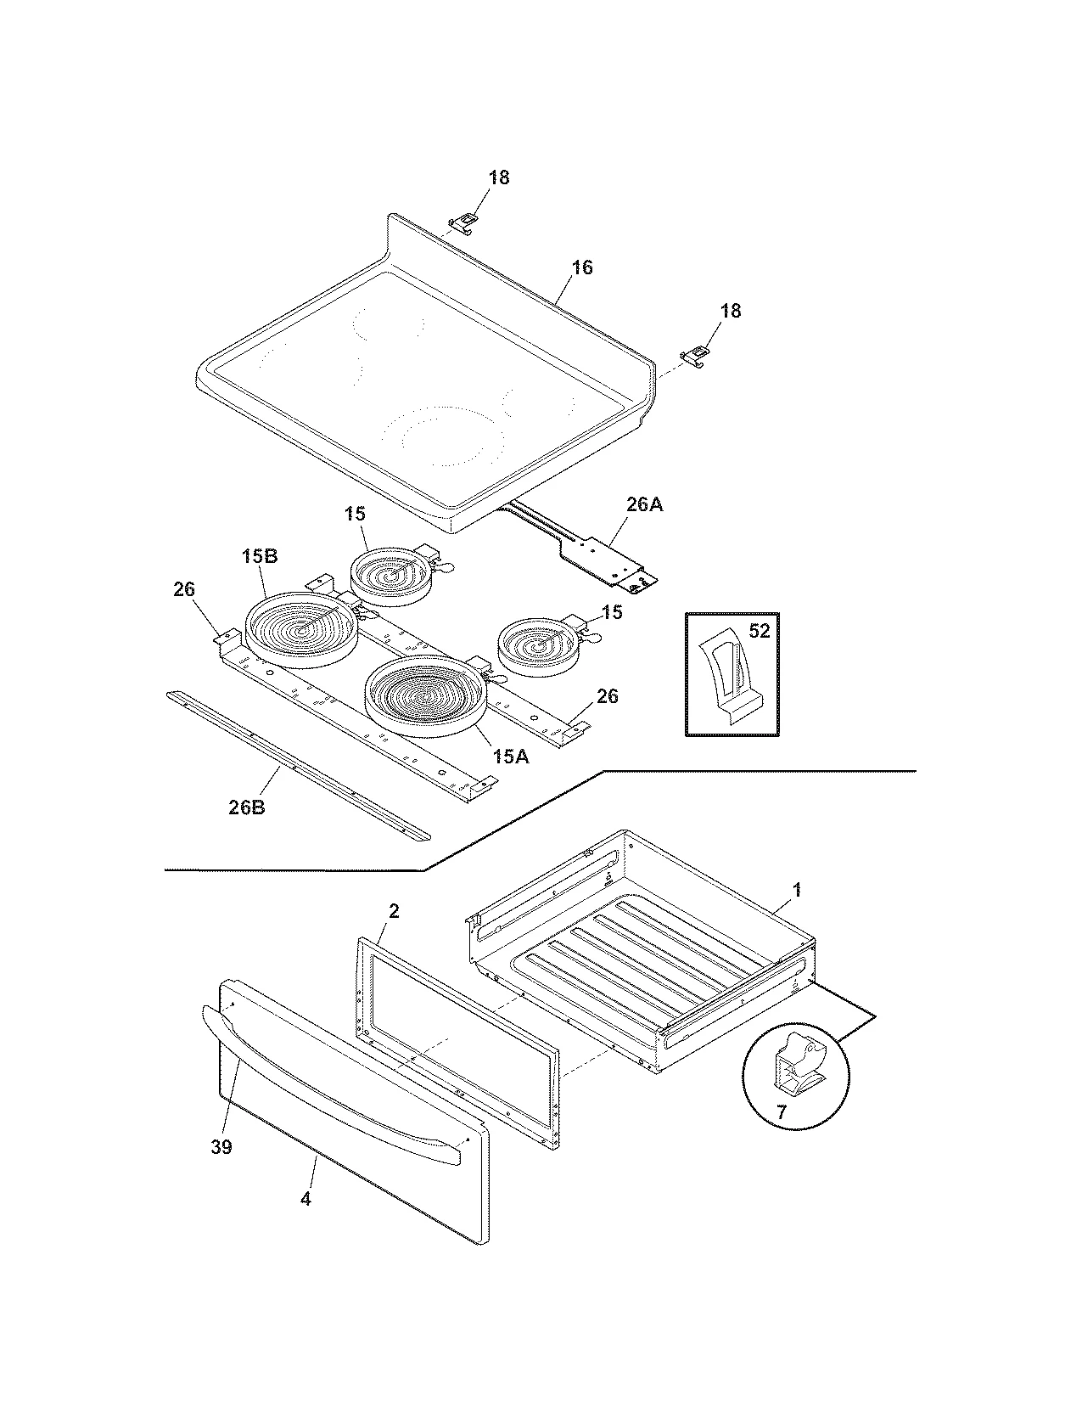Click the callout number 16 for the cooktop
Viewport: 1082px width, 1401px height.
coord(581,267)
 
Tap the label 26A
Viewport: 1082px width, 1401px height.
coord(644,504)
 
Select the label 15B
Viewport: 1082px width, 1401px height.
coord(260,556)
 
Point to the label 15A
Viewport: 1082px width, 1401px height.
coord(510,756)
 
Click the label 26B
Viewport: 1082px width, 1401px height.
coord(247,807)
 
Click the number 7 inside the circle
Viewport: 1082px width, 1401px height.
coord(782,1110)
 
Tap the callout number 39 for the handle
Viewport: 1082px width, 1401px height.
coord(221,1147)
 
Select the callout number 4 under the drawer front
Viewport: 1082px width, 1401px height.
coord(306,1199)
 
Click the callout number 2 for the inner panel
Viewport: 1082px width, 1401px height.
coord(393,911)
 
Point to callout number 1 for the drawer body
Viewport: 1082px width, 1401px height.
coord(796,890)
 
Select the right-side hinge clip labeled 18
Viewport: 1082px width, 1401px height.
coord(695,355)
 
